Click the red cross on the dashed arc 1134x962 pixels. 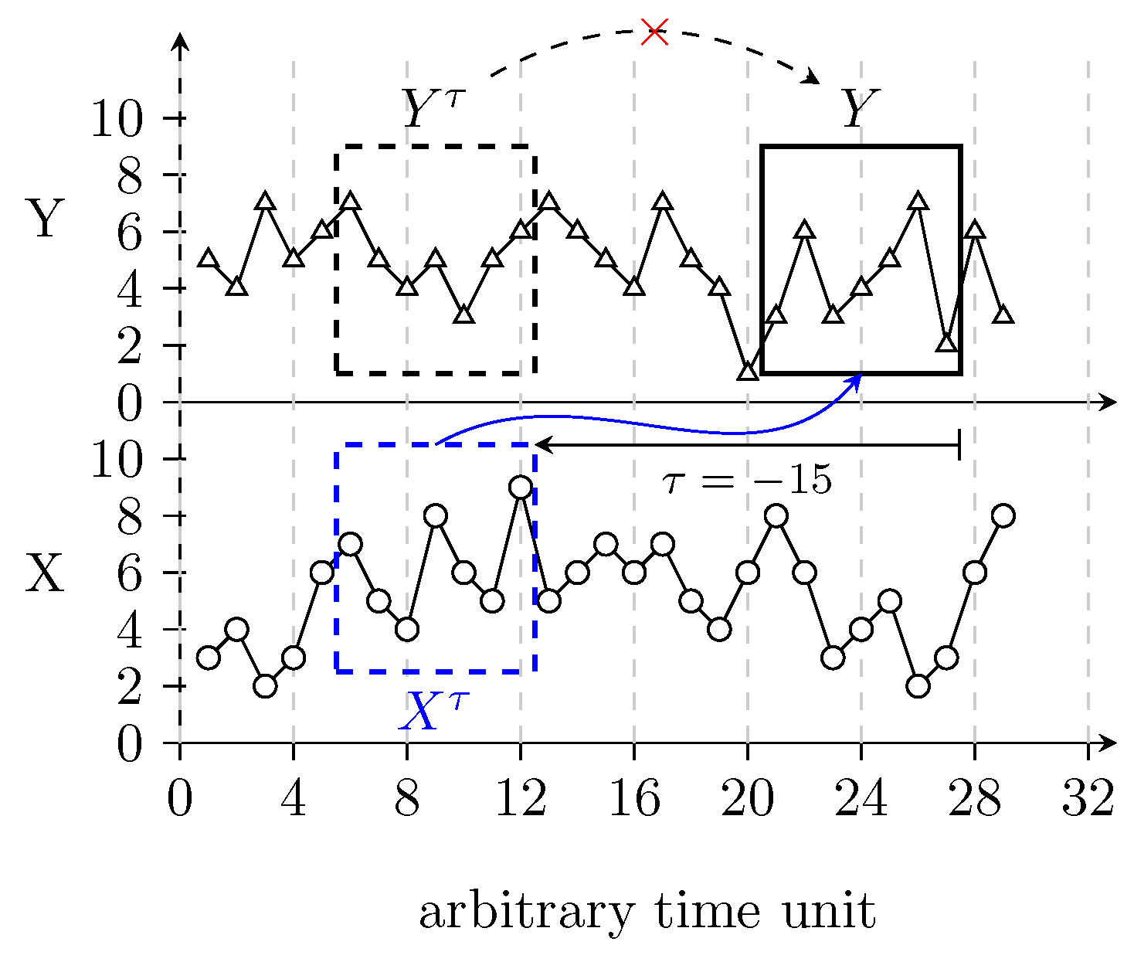(x=654, y=32)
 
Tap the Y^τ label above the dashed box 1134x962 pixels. (x=435, y=109)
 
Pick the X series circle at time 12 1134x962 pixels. (x=521, y=488)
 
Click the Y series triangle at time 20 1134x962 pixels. (x=748, y=372)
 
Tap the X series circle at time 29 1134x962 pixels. (x=1003, y=515)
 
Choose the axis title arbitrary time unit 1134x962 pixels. (x=647, y=912)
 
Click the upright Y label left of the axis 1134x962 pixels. (x=45, y=219)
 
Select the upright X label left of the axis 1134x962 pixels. (x=45, y=574)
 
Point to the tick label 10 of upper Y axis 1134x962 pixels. (x=117, y=120)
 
